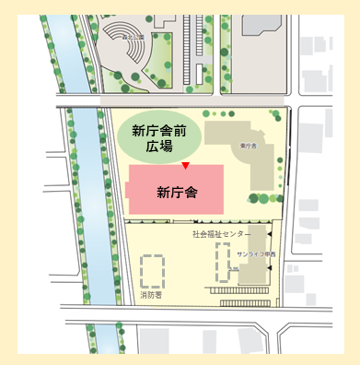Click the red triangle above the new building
(185, 166)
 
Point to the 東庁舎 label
(248, 145)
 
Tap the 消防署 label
(151, 298)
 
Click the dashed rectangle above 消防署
(152, 271)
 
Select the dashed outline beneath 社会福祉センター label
(218, 263)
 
